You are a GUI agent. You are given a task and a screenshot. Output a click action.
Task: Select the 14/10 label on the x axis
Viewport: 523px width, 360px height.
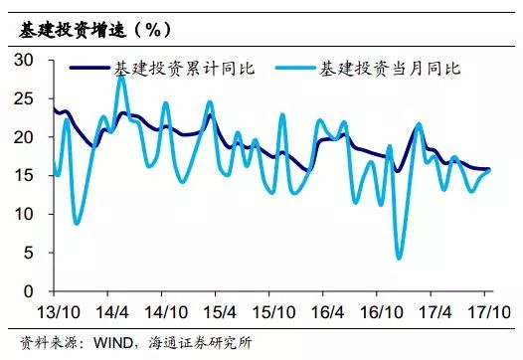175,309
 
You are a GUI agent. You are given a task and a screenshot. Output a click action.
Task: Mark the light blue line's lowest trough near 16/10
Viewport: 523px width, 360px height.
400,258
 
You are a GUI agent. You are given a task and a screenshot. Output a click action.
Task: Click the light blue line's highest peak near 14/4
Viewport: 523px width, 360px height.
122,76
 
